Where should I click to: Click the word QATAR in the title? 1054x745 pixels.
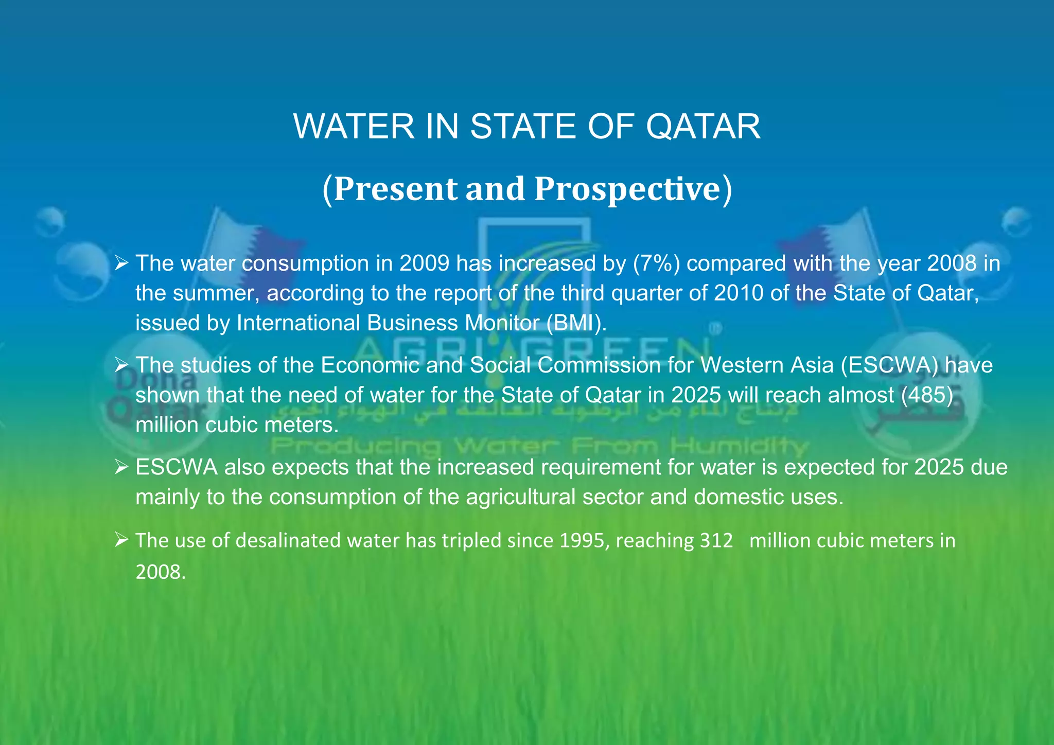point(703,127)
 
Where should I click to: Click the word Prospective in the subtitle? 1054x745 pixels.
point(633,189)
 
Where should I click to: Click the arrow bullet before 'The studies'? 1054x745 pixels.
point(121,365)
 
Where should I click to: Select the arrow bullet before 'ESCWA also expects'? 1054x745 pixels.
point(121,467)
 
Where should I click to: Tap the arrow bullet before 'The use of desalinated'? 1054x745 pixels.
point(121,540)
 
